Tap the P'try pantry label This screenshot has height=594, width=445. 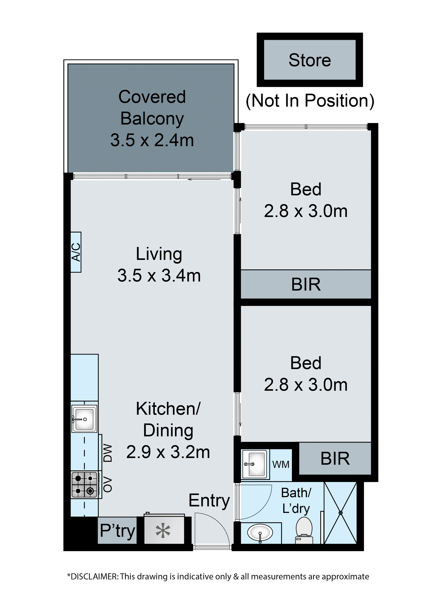117,531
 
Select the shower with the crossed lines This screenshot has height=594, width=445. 340,513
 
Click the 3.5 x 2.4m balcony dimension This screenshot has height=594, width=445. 152,140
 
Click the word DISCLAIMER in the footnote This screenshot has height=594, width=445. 94,576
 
